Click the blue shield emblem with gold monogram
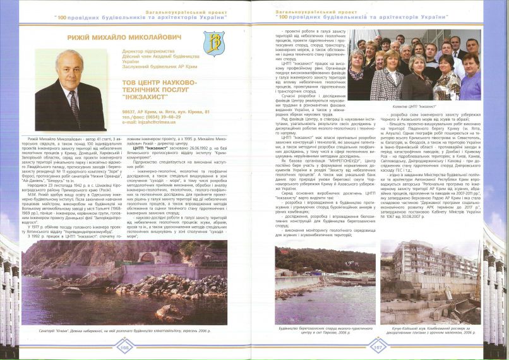click(x=215, y=45)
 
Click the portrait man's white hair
click(x=71, y=57)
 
